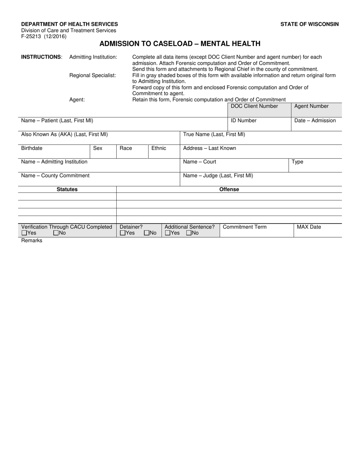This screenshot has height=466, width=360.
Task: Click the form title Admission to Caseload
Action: pyautogui.click(x=180, y=44)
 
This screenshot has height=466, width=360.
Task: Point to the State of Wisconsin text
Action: pyautogui.click(x=310, y=24)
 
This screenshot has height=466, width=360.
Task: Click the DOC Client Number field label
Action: pyautogui.click(x=254, y=106)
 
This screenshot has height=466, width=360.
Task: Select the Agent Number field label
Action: pyautogui.click(x=311, y=106)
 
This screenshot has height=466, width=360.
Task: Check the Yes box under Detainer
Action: pyautogui.click(x=122, y=233)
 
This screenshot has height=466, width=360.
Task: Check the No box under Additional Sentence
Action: pyautogui.click(x=189, y=233)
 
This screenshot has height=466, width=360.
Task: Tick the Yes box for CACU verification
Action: pyautogui.click(x=24, y=233)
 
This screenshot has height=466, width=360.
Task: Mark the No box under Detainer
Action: pyautogui.click(x=147, y=233)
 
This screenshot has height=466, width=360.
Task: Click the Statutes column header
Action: pyautogui.click(x=67, y=189)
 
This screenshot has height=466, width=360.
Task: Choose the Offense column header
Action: pyautogui.click(x=229, y=189)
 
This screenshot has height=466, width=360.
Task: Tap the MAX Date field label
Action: pyautogui.click(x=308, y=227)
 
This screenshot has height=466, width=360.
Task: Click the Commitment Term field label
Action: pyautogui.click(x=244, y=227)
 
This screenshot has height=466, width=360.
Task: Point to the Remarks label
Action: pyautogui.click(x=32, y=241)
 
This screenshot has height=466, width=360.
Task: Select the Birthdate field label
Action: pyautogui.click(x=32, y=148)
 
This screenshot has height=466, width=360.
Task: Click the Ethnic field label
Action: pyautogui.click(x=159, y=148)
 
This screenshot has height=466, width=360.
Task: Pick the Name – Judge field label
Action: pyautogui.click(x=218, y=175)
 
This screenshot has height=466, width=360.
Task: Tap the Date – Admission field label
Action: pyautogui.click(x=315, y=120)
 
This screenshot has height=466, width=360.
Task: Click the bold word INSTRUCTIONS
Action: pyautogui.click(x=41, y=57)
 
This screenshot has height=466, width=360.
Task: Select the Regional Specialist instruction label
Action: pyautogui.click(x=92, y=75)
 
